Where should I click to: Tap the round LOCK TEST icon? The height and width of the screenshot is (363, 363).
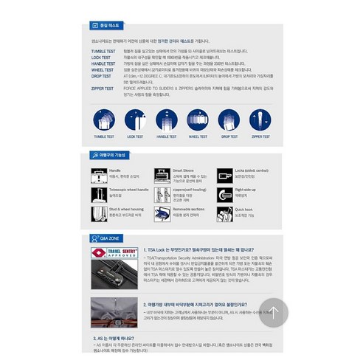134,120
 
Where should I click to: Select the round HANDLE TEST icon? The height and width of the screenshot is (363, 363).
167,120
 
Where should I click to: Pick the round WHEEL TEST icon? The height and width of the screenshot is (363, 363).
199,120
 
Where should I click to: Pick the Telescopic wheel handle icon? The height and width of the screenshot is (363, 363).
99,194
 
